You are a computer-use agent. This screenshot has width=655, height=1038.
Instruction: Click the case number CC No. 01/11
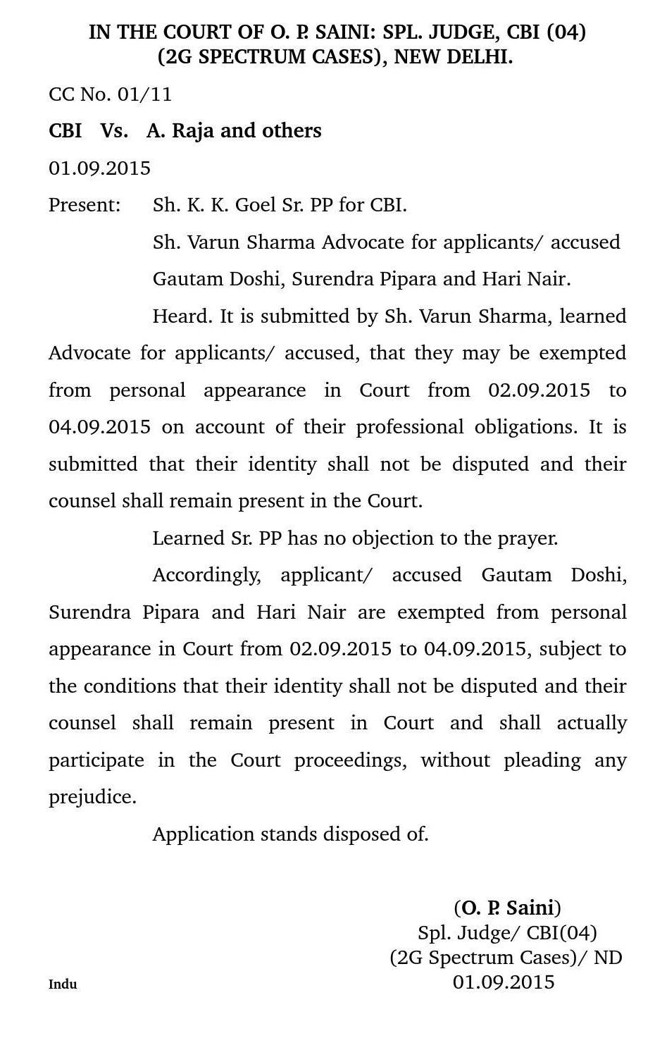tap(110, 94)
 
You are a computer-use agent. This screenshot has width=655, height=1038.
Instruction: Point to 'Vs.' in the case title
tap(114, 131)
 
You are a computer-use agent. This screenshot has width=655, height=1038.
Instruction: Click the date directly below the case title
tap(99, 168)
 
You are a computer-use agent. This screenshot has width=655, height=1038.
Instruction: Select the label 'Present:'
tap(85, 206)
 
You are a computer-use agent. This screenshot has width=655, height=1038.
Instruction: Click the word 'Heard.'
tap(182, 316)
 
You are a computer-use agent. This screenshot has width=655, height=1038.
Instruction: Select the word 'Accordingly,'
tap(206, 576)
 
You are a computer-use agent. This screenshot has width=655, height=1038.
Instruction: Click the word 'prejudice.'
tap(92, 798)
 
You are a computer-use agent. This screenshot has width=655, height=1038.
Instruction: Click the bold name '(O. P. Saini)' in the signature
tap(507, 908)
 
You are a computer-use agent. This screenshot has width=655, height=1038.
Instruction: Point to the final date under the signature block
tap(504, 982)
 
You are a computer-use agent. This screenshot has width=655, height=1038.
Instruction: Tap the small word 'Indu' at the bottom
tap(63, 984)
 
